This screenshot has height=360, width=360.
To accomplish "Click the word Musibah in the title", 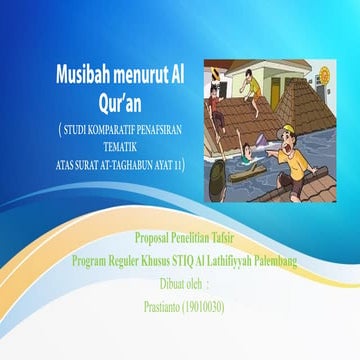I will click(x=81, y=73).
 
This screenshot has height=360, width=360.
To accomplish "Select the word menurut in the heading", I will click(x=138, y=73).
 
